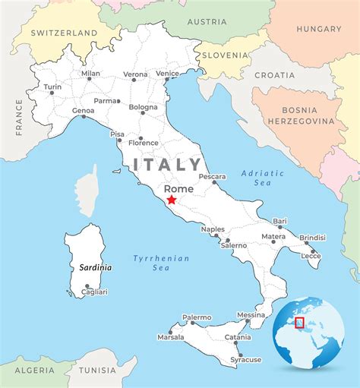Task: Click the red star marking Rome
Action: [x=172, y=200]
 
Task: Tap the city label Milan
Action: [x=90, y=74]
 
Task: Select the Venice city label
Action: [x=167, y=73]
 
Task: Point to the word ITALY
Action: [x=167, y=164]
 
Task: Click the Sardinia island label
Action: [x=96, y=267]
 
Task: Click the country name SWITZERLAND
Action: [x=65, y=33]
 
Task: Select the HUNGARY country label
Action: [x=320, y=29]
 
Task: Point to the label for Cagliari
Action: [x=94, y=292]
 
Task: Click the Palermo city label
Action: [x=197, y=317]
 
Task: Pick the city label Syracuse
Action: [x=246, y=359]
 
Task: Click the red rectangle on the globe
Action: [x=299, y=323]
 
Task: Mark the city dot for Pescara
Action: [x=214, y=182]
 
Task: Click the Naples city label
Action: [x=213, y=229]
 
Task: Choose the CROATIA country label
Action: [x=274, y=75]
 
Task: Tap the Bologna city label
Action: [x=143, y=107]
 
